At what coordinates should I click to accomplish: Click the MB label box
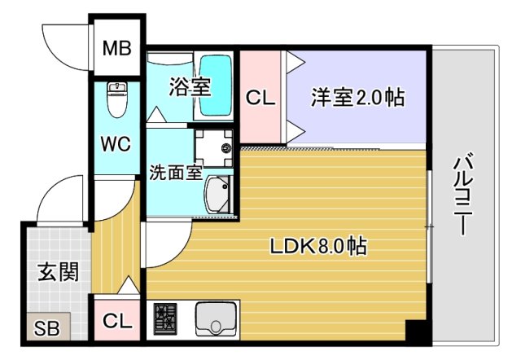coord(116,47)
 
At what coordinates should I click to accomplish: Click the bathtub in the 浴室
coord(216,85)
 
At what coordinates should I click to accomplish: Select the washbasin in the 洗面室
coord(216,196)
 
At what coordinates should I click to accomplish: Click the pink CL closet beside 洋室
coord(260,98)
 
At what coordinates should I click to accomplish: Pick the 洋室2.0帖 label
coord(358,98)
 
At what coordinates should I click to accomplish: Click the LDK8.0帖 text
coord(317,246)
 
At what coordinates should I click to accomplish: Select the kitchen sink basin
coord(216,319)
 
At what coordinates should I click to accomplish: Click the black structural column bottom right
coord(418,332)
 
